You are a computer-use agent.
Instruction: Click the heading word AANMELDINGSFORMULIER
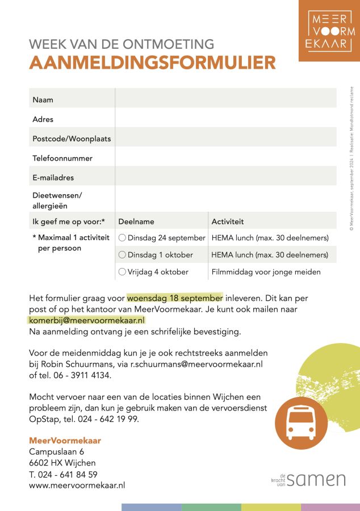tap(152, 63)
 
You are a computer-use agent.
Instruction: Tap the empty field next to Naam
tap(225, 100)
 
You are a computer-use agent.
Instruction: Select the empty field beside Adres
tap(225, 119)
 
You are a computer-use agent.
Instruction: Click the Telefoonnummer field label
tap(62, 158)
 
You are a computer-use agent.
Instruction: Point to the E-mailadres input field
tap(225, 178)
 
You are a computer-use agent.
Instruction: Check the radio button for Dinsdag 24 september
tap(122, 238)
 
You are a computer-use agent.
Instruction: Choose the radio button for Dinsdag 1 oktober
tap(122, 255)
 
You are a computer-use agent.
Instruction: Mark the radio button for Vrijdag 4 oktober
tap(122, 272)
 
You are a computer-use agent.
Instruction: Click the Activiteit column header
tap(228, 221)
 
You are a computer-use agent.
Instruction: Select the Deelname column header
tap(136, 221)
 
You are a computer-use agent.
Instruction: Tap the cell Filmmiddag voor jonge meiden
tap(266, 272)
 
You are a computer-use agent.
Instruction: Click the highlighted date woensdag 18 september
tap(175, 298)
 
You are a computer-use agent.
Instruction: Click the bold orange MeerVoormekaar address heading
tap(65, 441)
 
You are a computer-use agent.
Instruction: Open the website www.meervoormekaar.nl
tap(77, 485)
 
